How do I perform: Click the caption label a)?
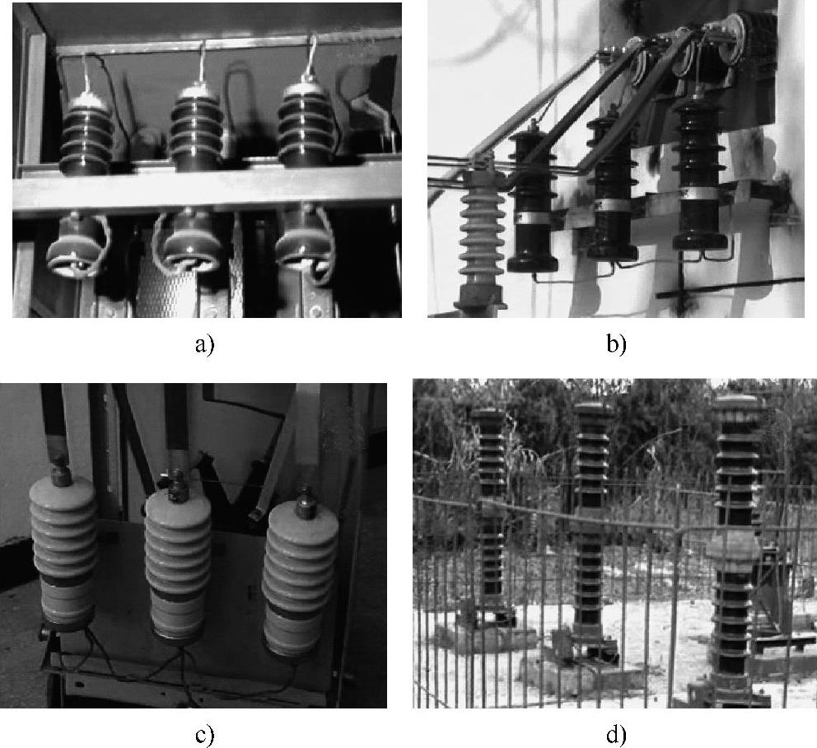pyautogui.click(x=204, y=344)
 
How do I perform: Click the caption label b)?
pyautogui.click(x=616, y=344)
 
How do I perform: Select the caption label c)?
pyautogui.click(x=204, y=735)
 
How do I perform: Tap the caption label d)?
pyautogui.click(x=616, y=735)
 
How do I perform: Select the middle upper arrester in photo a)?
pyautogui.click(x=195, y=124)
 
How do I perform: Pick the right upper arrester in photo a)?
pyautogui.click(x=306, y=124)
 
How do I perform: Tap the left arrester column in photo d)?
pyautogui.click(x=493, y=511)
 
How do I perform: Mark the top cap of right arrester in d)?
pyautogui.click(x=736, y=404)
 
